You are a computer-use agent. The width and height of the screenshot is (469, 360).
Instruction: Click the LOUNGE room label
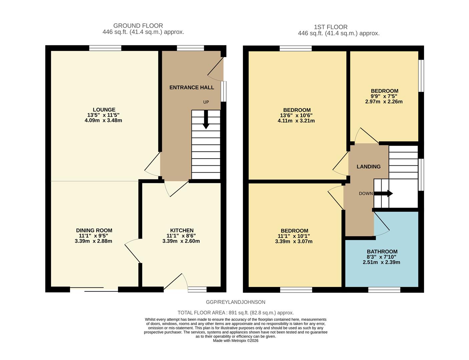(x=104, y=110)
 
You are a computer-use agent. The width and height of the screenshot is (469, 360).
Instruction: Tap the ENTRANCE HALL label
(x=191, y=87)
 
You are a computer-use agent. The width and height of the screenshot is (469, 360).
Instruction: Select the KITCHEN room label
(x=182, y=230)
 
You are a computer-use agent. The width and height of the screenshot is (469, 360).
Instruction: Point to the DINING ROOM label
(x=94, y=230)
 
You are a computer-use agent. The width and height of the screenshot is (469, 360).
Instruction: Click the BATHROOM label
(x=382, y=252)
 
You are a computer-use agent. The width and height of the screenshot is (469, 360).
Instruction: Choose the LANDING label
(x=368, y=167)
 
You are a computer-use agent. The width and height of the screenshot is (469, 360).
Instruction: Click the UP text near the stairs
(x=206, y=102)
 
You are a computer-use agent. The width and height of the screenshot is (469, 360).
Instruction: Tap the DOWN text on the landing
(x=366, y=194)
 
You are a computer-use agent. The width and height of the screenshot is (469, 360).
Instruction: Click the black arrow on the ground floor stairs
(x=206, y=120)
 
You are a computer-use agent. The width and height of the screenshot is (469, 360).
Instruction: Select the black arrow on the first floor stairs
(x=384, y=194)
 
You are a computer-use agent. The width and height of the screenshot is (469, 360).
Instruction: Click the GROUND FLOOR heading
(x=138, y=26)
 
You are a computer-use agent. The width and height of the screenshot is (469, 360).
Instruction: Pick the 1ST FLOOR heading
(x=331, y=27)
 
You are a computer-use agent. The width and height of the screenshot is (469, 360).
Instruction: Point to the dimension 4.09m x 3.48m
(x=103, y=120)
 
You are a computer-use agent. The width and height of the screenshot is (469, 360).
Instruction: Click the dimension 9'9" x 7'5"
(x=384, y=96)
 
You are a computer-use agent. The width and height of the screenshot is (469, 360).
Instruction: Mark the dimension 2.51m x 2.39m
(x=381, y=262)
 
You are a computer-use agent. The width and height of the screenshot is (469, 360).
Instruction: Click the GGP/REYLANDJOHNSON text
(x=236, y=302)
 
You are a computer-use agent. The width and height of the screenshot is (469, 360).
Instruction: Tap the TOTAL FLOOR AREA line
(x=236, y=313)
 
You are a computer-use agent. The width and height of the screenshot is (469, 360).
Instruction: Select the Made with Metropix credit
(x=236, y=341)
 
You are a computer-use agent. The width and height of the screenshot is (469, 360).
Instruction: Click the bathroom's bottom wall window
(x=384, y=290)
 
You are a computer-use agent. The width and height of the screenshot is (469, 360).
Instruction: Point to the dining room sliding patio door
(x=94, y=289)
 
